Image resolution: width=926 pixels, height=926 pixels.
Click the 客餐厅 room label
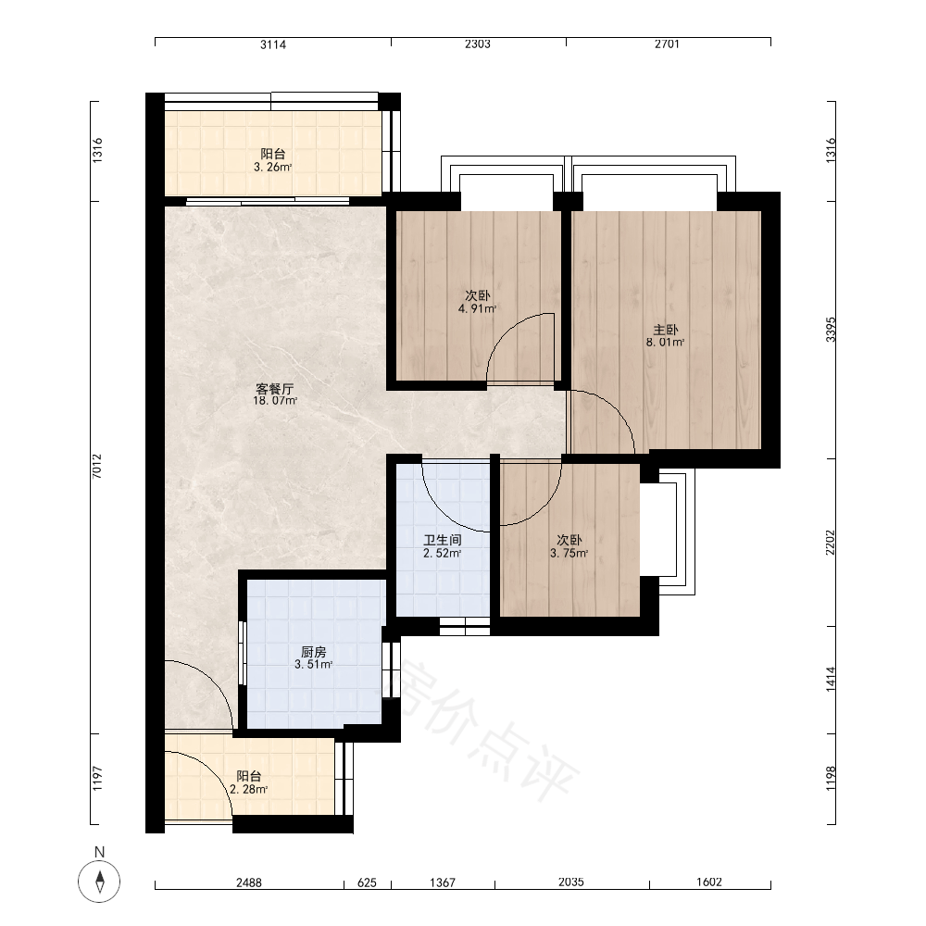coord(275,389)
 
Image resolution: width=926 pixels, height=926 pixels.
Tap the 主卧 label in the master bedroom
coord(666,330)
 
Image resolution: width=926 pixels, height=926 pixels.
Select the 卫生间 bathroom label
coord(443,540)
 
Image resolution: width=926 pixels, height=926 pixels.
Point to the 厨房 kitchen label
coord(314,652)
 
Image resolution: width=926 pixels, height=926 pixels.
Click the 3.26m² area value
coord(273,167)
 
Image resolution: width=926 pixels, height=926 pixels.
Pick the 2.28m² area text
coord(248,790)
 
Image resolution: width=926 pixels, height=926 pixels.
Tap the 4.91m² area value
coord(477,308)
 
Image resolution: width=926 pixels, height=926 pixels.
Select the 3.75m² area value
coord(569,554)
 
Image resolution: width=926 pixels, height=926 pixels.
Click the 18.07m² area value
coord(275,401)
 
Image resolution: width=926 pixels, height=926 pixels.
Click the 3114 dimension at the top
coord(273,44)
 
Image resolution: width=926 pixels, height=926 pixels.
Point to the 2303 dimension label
coord(478,44)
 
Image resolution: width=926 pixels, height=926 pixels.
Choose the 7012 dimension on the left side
coord(97,466)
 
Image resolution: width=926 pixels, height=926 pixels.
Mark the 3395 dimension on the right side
coord(831,330)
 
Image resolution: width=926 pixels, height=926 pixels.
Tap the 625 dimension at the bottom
coord(368,882)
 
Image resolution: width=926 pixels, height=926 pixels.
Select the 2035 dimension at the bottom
coord(571,882)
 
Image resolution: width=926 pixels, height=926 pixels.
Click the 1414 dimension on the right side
coord(831,679)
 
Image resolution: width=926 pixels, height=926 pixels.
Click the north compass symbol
coord(99,882)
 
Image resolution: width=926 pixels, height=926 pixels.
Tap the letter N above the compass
coord(99,852)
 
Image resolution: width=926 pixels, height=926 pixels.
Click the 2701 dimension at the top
coord(668,44)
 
